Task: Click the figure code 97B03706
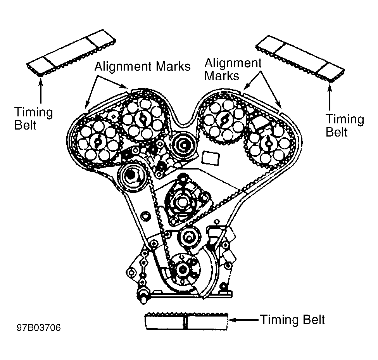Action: click(39, 328)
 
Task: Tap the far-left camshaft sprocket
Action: click(97, 142)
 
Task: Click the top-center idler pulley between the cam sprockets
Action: click(184, 145)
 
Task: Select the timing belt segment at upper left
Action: click(71, 53)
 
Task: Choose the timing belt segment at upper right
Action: click(300, 59)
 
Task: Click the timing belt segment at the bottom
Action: click(186, 321)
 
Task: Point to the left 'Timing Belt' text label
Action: click(33, 118)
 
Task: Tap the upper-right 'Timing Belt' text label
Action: click(345, 125)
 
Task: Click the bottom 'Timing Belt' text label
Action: click(292, 320)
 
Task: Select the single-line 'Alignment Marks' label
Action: click(142, 66)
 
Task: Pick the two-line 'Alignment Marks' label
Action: click(233, 69)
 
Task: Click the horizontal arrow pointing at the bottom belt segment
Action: click(243, 320)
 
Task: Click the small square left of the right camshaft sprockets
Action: click(211, 158)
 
